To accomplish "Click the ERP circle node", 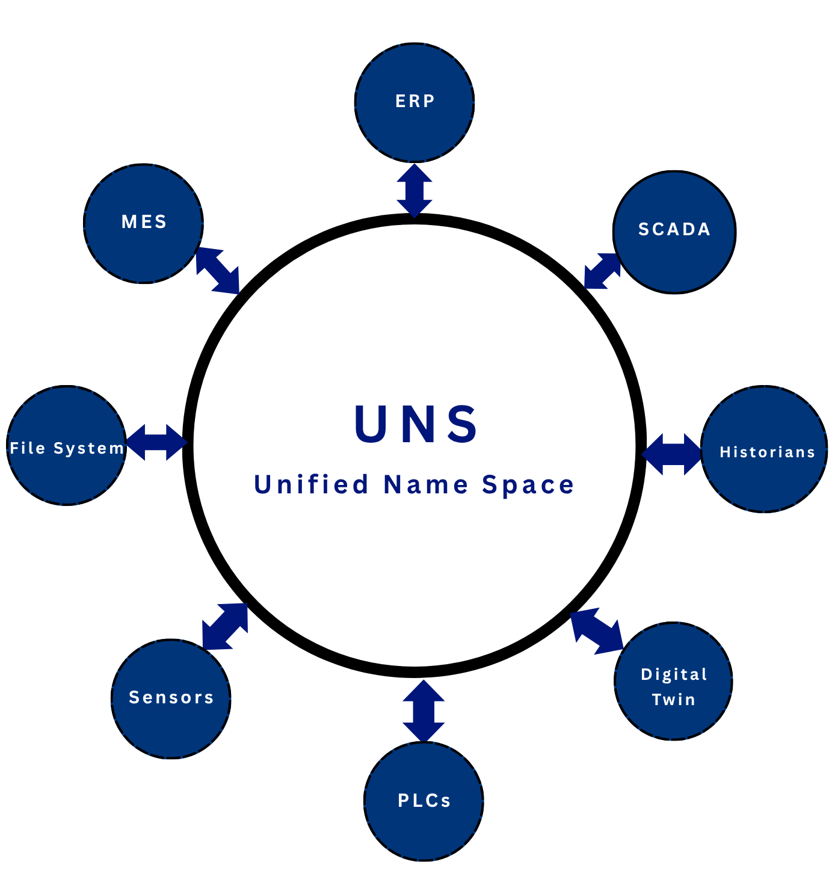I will tap(414, 102).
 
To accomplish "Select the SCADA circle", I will tap(674, 232).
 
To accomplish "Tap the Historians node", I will tap(764, 449).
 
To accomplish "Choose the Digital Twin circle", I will tap(673, 680).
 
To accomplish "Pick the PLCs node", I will tap(424, 801).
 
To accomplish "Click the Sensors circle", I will tap(171, 698).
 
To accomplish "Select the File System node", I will tap(67, 445).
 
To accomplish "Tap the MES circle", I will tap(144, 223).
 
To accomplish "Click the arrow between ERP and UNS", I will tap(414, 190).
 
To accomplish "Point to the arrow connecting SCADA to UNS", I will tap(602, 271).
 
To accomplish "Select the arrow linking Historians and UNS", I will tap(672, 454).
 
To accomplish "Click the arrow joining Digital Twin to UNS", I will tap(596, 632).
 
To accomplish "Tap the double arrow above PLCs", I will tap(424, 711).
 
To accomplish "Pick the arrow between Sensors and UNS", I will tap(225, 626).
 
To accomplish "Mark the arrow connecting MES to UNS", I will tap(218, 271).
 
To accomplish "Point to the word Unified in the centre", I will tap(311, 484).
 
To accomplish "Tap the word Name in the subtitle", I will tap(426, 484).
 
